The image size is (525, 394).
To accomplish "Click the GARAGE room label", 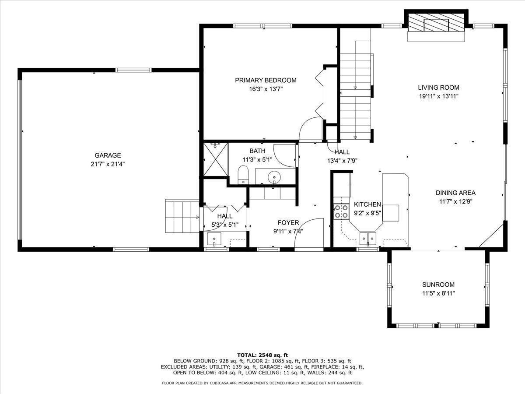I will pos(108,155).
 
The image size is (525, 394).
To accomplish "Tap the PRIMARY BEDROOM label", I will pos(266,80).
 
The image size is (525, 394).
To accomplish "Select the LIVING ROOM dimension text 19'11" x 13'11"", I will pos(438,96).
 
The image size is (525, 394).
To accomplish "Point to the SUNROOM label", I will pos(438,284).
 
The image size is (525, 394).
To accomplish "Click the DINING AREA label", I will pos(455,193).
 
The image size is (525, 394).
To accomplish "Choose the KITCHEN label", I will pos(367,204).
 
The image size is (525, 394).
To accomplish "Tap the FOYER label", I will pos(288,223).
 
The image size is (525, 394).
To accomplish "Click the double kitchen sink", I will pos(367,239).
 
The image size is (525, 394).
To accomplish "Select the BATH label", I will pos(257,151).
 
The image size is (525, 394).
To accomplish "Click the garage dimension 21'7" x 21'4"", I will pos(108,164).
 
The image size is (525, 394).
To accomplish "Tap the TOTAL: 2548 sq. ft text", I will pos(262,355).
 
